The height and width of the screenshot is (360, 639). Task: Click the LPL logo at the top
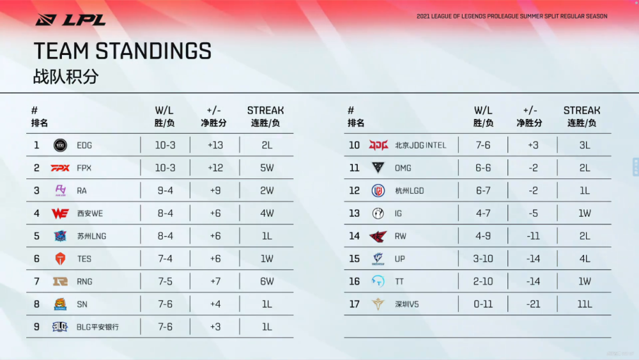[70, 20]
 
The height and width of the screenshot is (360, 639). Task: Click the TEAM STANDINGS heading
[123, 51]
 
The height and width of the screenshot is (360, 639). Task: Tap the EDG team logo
[60, 145]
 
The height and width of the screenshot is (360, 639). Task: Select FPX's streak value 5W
[267, 168]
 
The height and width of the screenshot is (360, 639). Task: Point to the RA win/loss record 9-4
[165, 191]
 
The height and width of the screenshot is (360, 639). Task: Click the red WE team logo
[60, 213]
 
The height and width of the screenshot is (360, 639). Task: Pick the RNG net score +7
[215, 281]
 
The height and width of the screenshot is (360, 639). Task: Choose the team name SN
[82, 304]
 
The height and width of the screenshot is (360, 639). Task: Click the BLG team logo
[60, 327]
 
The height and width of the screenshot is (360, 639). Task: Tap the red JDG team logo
[378, 145]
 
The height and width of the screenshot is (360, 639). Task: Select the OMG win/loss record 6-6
[483, 168]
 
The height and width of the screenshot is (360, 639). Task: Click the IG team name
[398, 213]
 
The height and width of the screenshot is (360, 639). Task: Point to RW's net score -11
[533, 236]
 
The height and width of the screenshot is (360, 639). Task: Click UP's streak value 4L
[585, 259]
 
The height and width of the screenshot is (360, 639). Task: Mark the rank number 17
[354, 304]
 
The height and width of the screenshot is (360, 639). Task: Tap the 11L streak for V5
[585, 304]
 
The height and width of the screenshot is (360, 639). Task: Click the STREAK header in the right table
[581, 111]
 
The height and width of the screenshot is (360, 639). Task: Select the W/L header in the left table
[164, 111]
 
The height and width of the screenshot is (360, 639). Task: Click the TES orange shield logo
[60, 258]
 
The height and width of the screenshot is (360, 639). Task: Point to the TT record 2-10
[483, 281]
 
